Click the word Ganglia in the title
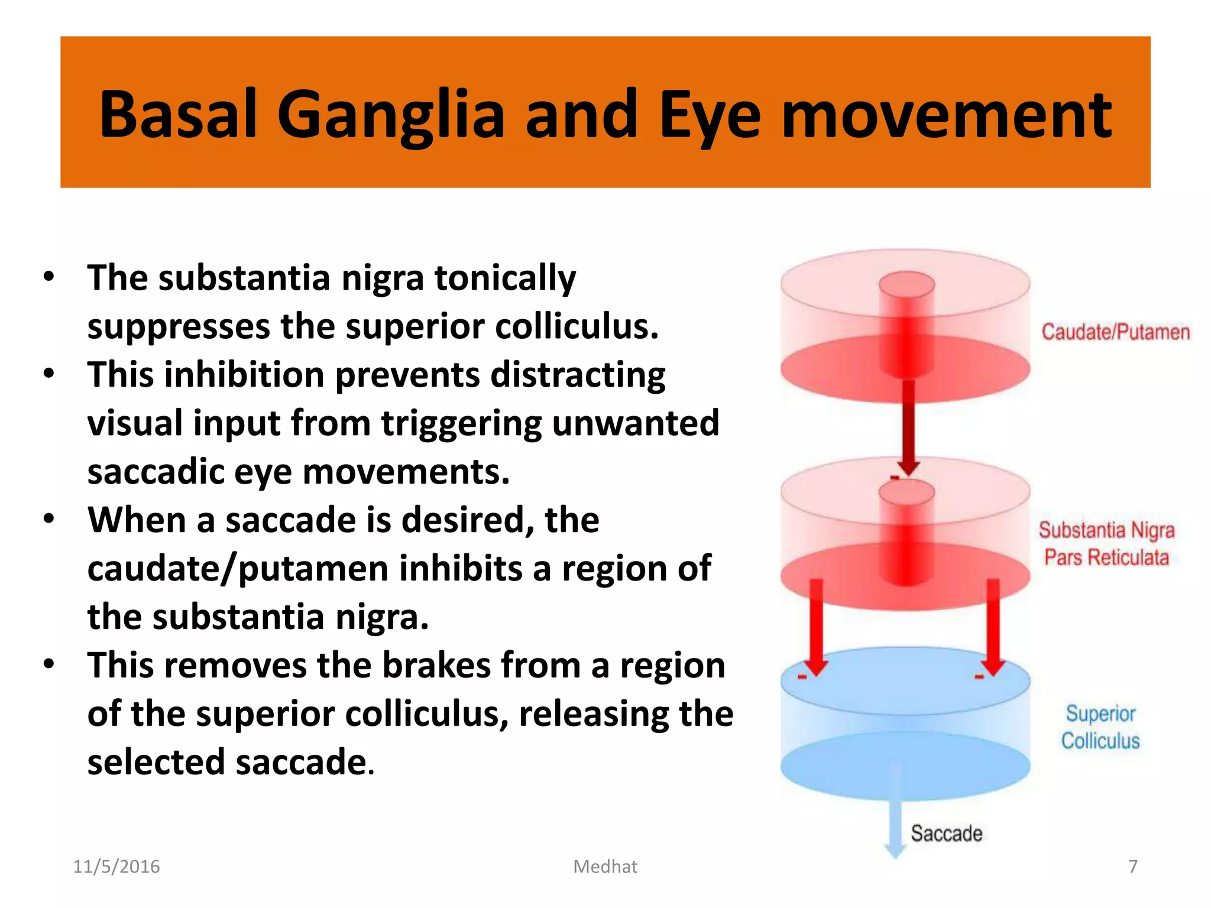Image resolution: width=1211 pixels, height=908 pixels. pyautogui.click(x=391, y=115)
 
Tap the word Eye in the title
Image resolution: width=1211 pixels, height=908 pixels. pyautogui.click(x=710, y=115)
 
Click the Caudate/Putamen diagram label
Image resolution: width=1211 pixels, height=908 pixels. pyautogui.click(x=1115, y=332)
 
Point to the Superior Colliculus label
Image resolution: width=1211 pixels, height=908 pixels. pyautogui.click(x=1100, y=727)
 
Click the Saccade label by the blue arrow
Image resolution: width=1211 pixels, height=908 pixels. pyautogui.click(x=946, y=834)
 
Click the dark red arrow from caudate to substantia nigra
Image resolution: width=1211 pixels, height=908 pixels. pyautogui.click(x=909, y=426)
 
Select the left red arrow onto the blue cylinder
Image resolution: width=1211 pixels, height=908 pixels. pyautogui.click(x=817, y=627)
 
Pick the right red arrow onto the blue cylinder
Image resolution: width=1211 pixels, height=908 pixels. pyautogui.click(x=993, y=627)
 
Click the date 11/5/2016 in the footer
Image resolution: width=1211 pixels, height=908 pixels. pyautogui.click(x=116, y=867)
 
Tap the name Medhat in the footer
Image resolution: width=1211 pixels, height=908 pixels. pyautogui.click(x=605, y=867)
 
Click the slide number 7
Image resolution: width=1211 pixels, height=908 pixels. pyautogui.click(x=1132, y=867)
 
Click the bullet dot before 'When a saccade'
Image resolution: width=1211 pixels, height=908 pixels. pyautogui.click(x=49, y=519)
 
